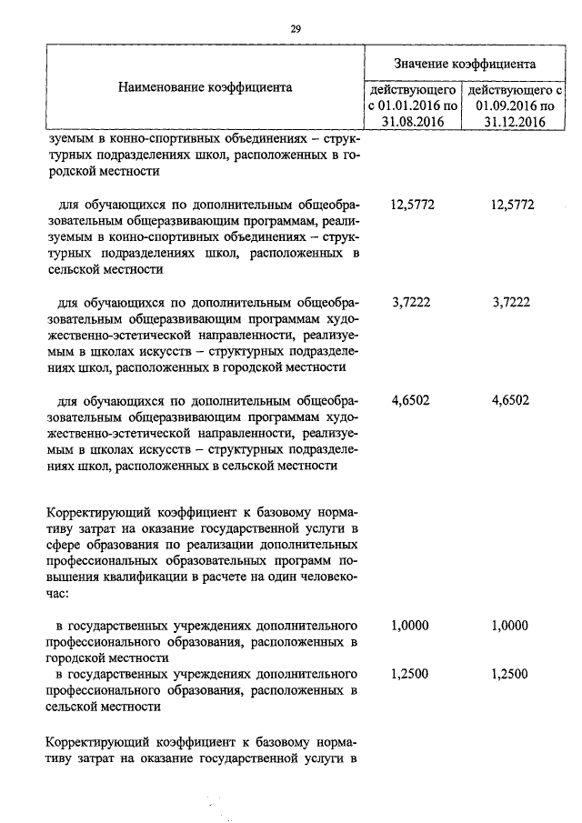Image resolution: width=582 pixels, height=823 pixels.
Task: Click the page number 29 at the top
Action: pyautogui.click(x=296, y=28)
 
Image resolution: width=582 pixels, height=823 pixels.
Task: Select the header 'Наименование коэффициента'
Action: pyautogui.click(x=205, y=88)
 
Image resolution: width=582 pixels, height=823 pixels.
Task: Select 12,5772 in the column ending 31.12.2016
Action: pyautogui.click(x=512, y=205)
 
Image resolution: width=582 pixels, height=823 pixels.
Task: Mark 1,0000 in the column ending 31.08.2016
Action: pyautogui.click(x=409, y=626)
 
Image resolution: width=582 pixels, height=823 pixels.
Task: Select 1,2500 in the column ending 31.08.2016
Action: pyautogui.click(x=409, y=674)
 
